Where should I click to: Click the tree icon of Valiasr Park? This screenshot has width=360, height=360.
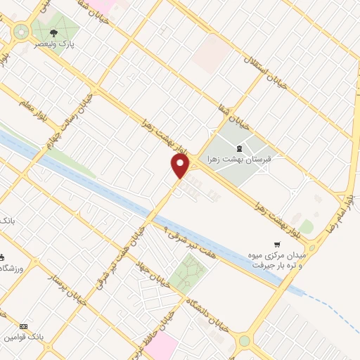coord(54,32)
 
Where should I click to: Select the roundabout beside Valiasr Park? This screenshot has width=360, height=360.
coord(20,32)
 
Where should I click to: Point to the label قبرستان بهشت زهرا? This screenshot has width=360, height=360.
coord(240,160)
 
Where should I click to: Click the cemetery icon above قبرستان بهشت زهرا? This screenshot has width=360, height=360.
coord(240,148)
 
